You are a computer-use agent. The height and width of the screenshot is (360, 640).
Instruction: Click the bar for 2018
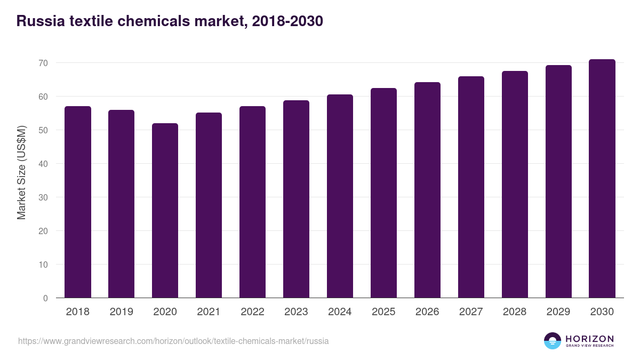click(x=78, y=202)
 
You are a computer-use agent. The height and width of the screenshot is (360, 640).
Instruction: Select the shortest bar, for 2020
click(x=165, y=211)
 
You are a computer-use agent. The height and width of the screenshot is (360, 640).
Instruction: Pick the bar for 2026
click(x=427, y=190)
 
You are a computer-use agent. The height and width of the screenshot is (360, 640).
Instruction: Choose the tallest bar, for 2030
click(x=602, y=179)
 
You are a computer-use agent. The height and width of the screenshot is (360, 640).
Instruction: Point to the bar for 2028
click(x=515, y=185)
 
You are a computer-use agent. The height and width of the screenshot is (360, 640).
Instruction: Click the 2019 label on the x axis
click(x=122, y=312)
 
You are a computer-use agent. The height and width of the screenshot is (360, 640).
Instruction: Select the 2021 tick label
click(x=209, y=312)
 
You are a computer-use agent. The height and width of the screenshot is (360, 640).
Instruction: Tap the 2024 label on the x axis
click(x=340, y=312)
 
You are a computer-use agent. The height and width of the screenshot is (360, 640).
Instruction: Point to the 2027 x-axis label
click(x=471, y=312)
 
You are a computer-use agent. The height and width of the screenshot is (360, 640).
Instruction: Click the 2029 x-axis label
click(x=558, y=312)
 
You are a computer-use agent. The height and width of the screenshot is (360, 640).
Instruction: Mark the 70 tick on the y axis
click(x=43, y=63)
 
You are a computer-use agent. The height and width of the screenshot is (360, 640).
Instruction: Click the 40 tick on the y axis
click(x=43, y=164)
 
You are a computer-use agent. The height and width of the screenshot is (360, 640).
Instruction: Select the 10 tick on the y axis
click(x=43, y=265)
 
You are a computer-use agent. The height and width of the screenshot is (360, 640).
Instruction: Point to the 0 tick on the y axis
click(x=45, y=298)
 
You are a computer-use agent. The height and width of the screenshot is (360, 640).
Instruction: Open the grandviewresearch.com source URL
click(x=173, y=341)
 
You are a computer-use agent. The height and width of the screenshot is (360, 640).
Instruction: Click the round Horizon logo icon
click(x=553, y=341)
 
